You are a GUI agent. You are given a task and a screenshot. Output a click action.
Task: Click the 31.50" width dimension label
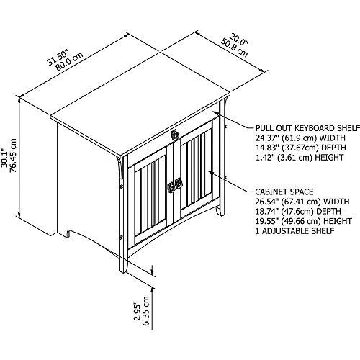coord(58,57)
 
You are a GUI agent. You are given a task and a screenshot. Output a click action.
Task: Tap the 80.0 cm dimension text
coord(69,61)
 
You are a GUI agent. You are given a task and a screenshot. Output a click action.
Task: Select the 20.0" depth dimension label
coord(238,40)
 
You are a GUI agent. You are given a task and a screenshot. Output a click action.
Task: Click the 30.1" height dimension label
coord(4,156)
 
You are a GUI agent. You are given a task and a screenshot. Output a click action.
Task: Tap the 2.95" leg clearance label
coord(137,311)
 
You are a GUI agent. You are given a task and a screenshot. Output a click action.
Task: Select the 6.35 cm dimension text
coord(145,311)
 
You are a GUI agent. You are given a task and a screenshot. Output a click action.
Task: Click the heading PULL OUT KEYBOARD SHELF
coord(307,128)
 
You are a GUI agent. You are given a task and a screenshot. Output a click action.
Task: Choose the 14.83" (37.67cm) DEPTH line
coord(301,148)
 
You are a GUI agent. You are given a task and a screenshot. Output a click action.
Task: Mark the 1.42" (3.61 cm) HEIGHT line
coord(300,158)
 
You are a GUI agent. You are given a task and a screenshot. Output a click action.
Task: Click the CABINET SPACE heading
coord(284,192)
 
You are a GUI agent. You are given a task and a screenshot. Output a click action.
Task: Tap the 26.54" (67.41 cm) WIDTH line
coord(302,202)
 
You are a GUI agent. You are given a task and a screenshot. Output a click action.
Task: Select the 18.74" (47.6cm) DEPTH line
coord(298,211)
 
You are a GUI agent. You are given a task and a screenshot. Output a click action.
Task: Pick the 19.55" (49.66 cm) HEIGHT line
coord(304,221)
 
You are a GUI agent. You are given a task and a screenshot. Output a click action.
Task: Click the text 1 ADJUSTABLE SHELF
coord(294,231)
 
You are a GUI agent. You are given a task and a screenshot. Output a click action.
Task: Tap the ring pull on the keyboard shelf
coord(175,134)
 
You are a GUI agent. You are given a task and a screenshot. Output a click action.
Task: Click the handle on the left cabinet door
coord(171,187)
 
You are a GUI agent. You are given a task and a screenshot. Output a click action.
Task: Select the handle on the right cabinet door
coord(179,183)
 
